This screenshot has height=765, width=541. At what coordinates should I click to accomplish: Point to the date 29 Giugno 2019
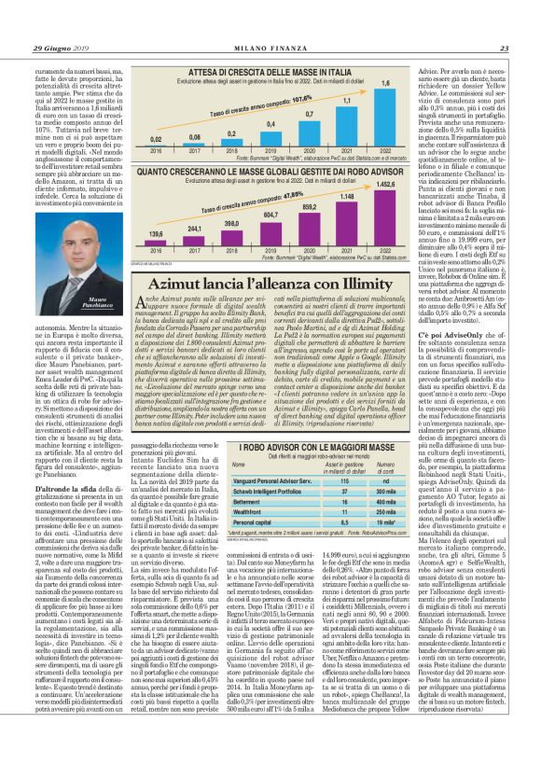(x=65, y=22)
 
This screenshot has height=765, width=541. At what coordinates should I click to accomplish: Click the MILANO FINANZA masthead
(x=270, y=22)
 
